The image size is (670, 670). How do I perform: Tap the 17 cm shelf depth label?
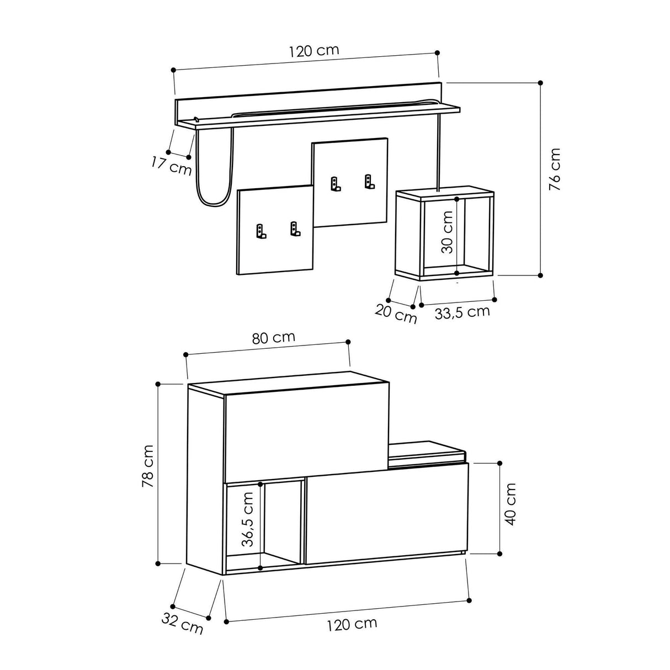(171, 166)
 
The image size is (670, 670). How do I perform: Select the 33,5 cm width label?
(462, 312)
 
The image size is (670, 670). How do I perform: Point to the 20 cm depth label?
(396, 314)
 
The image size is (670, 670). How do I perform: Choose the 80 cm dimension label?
(273, 338)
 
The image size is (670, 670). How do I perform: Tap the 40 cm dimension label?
(511, 504)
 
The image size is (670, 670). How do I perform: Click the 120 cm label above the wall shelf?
(313, 51)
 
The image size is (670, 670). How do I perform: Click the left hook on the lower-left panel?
(260, 232)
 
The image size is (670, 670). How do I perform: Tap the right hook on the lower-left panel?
(295, 228)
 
